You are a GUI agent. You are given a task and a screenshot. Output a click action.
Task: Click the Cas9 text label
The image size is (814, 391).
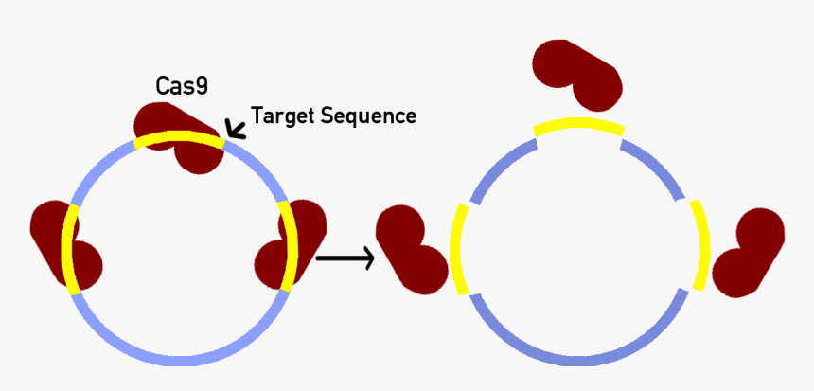pyautogui.click(x=182, y=86)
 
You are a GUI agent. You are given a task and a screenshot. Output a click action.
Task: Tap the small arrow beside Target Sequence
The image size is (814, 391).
pyautogui.click(x=233, y=130)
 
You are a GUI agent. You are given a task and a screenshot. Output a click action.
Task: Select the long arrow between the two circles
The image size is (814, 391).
pyautogui.click(x=343, y=256)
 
